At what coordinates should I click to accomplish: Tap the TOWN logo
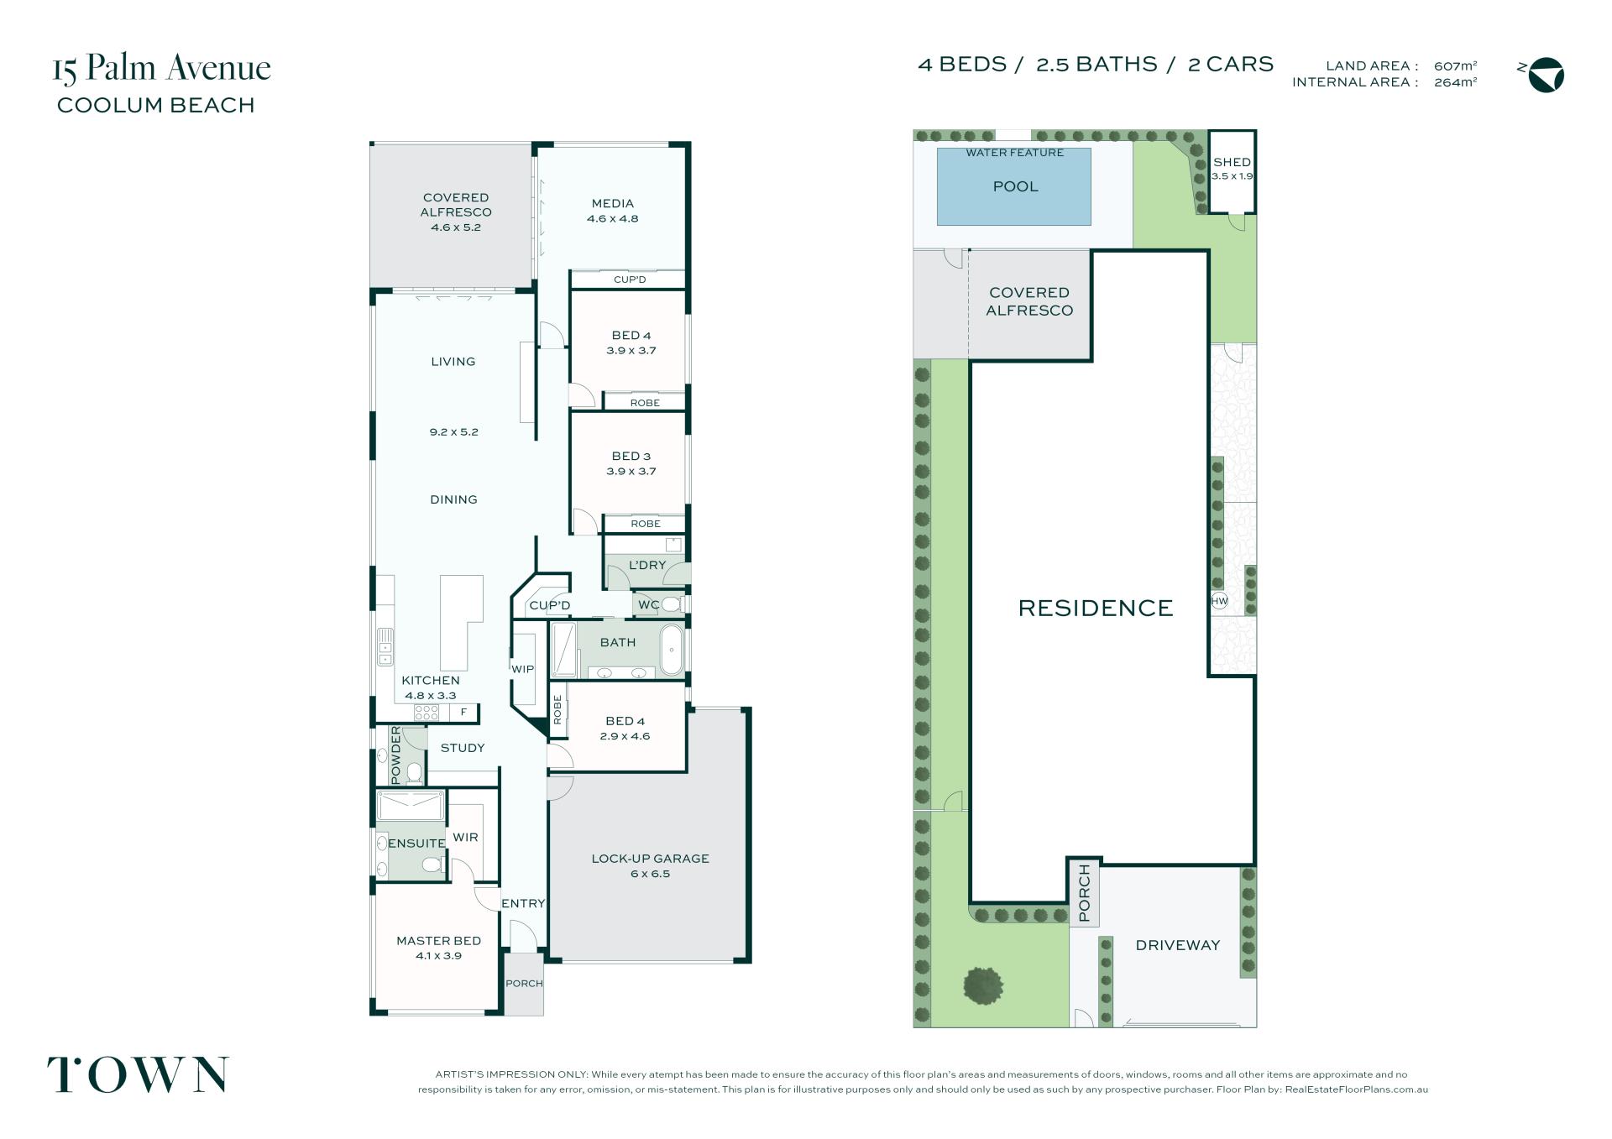tap(138, 1075)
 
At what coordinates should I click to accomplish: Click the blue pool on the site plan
tap(1013, 186)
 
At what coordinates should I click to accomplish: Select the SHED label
tap(1232, 162)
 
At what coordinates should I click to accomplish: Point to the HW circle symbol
tap(1219, 601)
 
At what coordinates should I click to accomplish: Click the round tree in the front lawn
tap(983, 985)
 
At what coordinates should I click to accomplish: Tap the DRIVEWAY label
tap(1177, 945)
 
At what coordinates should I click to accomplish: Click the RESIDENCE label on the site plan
tap(1096, 608)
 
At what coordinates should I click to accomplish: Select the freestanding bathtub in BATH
tap(672, 650)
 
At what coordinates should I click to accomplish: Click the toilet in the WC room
tap(671, 604)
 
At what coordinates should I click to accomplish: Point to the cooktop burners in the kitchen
tap(427, 713)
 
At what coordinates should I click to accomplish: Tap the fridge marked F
tap(463, 713)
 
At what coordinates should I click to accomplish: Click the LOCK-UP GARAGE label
tap(650, 859)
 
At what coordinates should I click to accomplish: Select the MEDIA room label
tap(612, 203)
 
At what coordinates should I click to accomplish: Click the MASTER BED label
tap(438, 941)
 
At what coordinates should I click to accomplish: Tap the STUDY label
tap(463, 748)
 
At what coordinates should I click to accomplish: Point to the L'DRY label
tap(646, 565)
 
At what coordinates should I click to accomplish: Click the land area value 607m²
tap(1455, 65)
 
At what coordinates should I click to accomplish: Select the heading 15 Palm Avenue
tap(162, 68)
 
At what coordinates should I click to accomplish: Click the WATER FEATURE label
tap(1014, 153)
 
